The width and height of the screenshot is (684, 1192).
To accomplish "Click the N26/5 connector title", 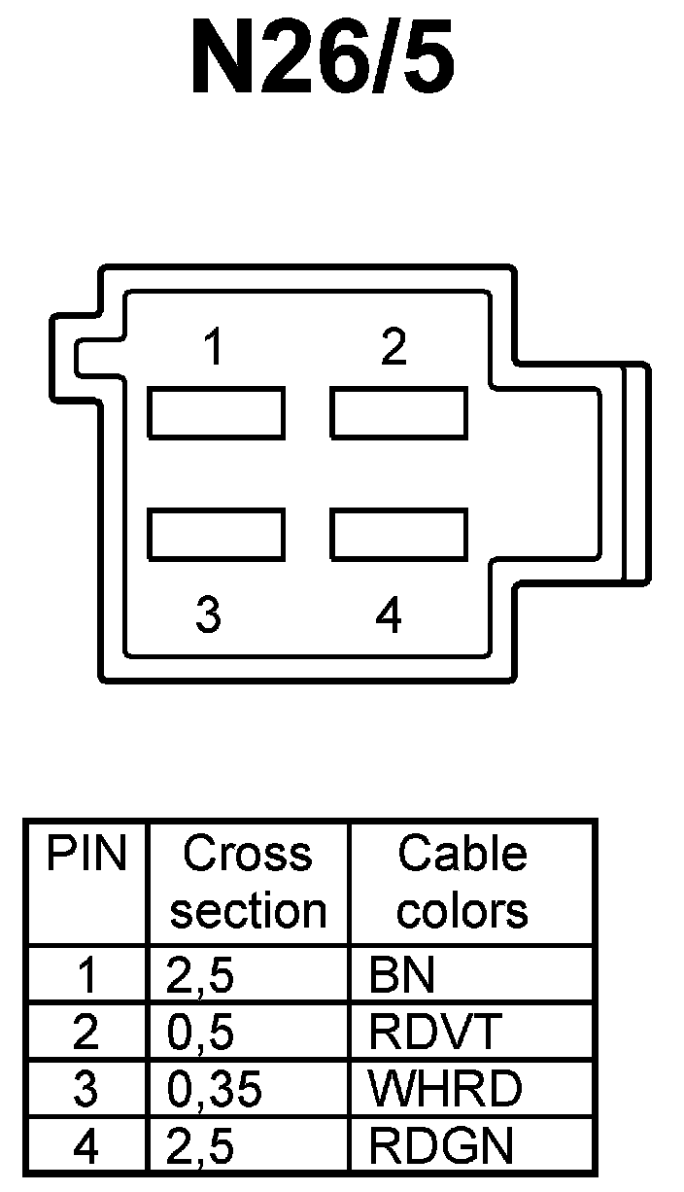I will (x=322, y=58).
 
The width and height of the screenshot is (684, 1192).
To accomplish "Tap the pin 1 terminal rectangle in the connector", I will (x=216, y=413).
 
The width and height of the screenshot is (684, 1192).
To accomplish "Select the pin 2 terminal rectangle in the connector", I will (x=398, y=413).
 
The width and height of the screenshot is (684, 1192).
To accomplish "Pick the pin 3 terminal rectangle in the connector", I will (x=216, y=534).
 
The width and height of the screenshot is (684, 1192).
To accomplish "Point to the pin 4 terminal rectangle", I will (x=398, y=534).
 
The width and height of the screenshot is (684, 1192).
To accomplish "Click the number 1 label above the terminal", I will (x=213, y=348).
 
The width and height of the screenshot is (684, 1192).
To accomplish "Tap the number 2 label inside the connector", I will (x=393, y=348).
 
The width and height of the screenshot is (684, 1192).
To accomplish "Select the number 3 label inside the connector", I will (x=208, y=615).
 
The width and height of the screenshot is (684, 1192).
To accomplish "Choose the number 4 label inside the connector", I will (x=389, y=615).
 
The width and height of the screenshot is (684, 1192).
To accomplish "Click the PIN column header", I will (x=86, y=855).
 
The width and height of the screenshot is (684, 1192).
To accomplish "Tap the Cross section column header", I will (x=248, y=883).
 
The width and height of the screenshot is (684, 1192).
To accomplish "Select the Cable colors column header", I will (x=462, y=883).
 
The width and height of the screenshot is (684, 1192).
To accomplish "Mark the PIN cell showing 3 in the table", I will (x=85, y=1090).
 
